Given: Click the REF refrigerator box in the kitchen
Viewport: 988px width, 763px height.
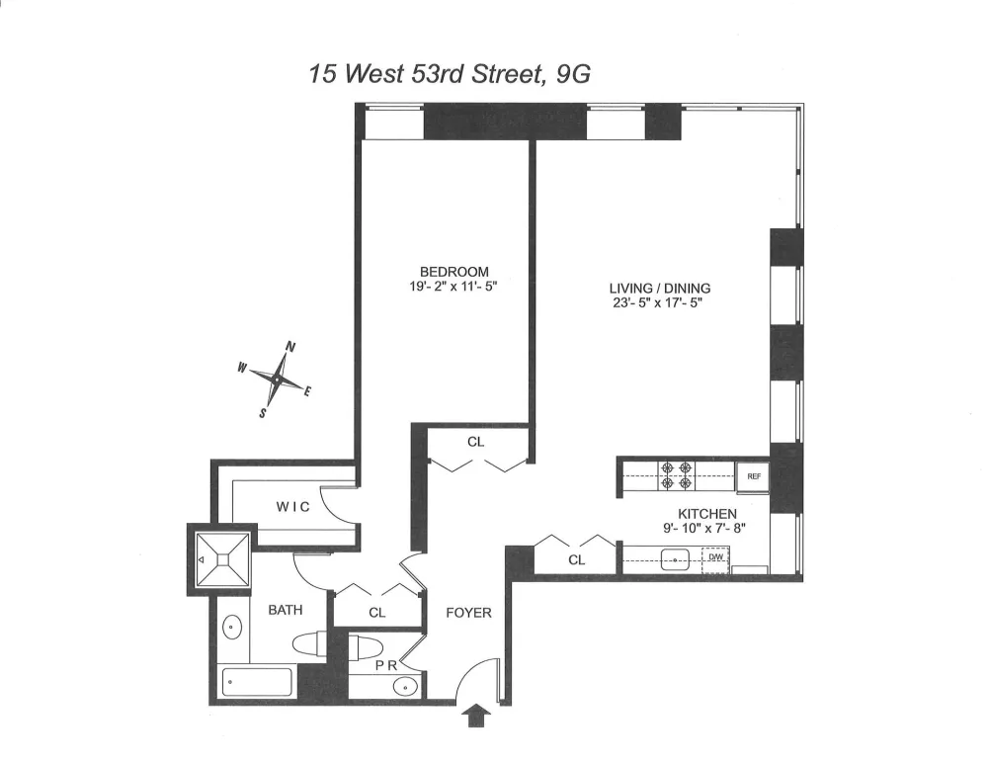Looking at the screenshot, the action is click(x=753, y=476).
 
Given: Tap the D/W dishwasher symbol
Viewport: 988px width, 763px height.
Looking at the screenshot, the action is click(x=715, y=558).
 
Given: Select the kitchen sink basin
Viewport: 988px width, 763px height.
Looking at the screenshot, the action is click(x=674, y=559).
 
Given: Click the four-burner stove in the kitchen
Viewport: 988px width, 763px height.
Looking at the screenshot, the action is click(x=676, y=475).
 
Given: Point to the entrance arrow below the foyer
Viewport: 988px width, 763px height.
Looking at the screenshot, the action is click(x=477, y=716).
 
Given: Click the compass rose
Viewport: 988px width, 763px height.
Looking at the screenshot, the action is click(x=277, y=380).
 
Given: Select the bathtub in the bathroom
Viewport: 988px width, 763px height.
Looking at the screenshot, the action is click(x=257, y=682).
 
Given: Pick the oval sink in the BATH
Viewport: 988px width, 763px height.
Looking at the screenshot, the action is click(x=232, y=628).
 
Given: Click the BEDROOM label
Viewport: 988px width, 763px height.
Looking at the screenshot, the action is click(x=454, y=272).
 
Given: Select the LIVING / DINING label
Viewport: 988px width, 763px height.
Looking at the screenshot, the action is click(x=660, y=289).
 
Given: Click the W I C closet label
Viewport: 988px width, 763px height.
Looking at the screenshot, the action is click(x=293, y=506).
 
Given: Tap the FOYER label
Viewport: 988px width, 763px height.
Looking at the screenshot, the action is click(x=468, y=613).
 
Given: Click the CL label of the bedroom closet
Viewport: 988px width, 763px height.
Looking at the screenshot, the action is click(x=476, y=442).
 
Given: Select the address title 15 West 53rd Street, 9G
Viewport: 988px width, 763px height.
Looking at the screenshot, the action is click(x=450, y=74).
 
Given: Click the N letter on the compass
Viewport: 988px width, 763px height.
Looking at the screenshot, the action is click(x=291, y=346).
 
